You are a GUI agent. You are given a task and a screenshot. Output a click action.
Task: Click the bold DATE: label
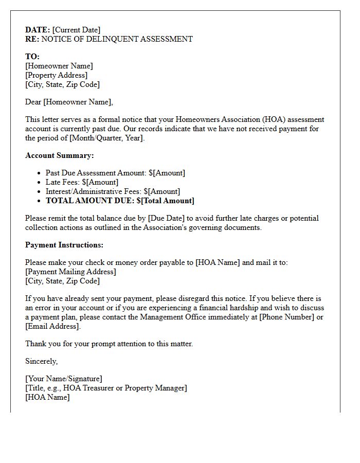38,30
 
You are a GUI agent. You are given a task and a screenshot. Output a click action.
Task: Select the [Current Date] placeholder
76,30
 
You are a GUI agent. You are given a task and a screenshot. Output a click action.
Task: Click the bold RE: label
32,39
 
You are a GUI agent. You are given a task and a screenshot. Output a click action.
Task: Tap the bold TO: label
32,57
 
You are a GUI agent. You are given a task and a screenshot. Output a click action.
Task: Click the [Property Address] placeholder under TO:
56,75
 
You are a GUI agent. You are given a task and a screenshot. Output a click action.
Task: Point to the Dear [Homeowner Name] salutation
69,102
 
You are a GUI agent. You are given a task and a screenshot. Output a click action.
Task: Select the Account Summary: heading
60,155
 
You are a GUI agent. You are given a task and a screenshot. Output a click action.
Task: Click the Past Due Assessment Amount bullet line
115,173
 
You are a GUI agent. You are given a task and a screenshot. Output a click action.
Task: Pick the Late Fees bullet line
82,182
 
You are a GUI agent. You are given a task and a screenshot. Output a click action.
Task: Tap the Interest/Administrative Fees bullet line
113,191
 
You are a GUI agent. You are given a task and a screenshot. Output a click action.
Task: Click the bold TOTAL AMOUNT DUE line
120,201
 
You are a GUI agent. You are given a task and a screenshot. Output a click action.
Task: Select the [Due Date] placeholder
166,218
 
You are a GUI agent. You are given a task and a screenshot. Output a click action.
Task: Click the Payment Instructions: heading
64,245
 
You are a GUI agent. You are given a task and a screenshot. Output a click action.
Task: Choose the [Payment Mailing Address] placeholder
70,272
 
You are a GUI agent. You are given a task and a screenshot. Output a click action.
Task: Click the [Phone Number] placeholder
286,317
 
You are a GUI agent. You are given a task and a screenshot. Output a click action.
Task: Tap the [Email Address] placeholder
52,326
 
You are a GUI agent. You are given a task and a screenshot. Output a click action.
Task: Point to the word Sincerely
41,361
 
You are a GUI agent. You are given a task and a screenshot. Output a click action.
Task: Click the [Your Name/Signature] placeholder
64,379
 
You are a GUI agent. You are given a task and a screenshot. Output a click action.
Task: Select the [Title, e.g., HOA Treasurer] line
106,388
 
